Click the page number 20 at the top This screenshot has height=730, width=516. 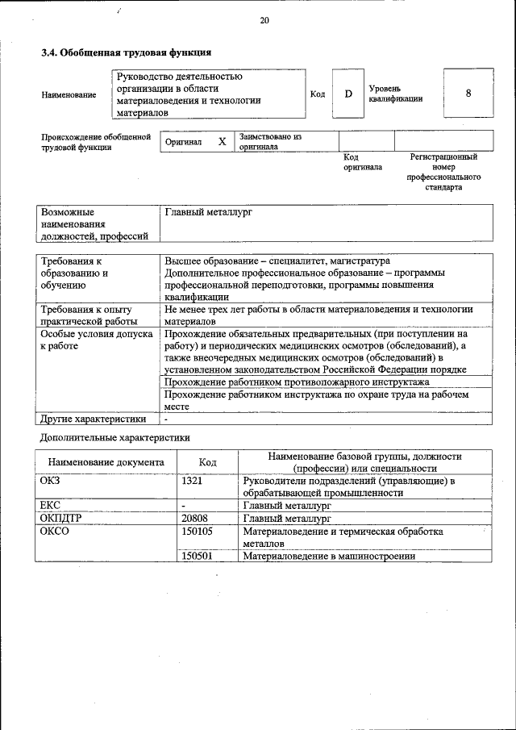[x=264, y=21]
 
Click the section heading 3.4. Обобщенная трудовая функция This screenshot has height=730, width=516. [x=126, y=52]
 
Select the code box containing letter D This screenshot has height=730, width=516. [x=348, y=94]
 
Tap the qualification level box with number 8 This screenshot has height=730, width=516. [x=468, y=93]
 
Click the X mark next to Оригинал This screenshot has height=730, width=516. [x=222, y=142]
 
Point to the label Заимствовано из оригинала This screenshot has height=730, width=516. [x=270, y=142]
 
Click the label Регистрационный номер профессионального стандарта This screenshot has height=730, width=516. [x=443, y=172]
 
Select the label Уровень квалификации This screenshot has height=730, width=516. [x=395, y=94]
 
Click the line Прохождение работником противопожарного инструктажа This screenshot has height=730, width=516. [x=297, y=382]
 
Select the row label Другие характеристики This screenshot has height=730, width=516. [x=94, y=419]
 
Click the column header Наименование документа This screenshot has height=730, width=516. [x=106, y=462]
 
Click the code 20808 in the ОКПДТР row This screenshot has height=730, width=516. [x=195, y=519]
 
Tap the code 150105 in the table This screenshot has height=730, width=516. [x=197, y=532]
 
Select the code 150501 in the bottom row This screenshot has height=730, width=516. [x=197, y=556]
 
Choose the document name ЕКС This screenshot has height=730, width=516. [x=50, y=506]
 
